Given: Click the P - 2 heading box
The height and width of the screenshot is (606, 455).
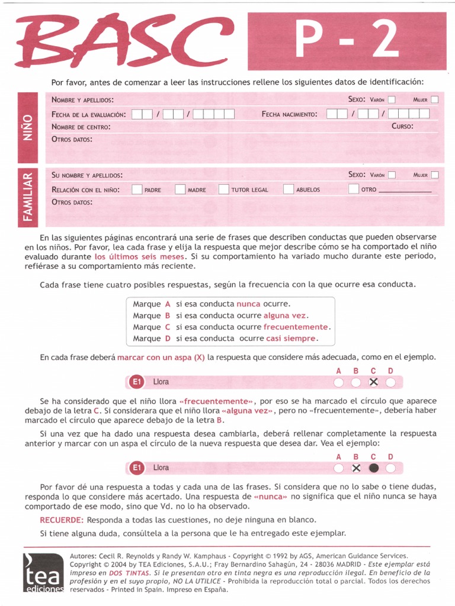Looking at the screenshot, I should (347, 41).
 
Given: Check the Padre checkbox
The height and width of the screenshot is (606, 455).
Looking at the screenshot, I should (137, 189).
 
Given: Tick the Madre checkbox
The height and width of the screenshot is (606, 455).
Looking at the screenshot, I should (180, 189).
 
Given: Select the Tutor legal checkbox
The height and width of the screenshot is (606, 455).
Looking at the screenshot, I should (223, 189).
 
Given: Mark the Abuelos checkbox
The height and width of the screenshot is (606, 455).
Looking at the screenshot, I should (289, 189).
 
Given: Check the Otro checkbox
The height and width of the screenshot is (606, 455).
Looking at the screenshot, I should (354, 189).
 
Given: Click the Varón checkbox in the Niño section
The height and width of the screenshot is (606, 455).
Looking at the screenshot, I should (392, 100).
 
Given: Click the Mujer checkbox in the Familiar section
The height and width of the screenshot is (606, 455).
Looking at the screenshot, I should (435, 175).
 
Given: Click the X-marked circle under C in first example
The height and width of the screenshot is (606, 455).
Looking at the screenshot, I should (373, 382).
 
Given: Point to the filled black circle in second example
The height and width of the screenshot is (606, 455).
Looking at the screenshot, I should (373, 468).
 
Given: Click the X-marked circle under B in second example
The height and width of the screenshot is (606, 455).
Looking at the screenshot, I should (356, 468).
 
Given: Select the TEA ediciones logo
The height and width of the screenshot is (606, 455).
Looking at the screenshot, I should (43, 573).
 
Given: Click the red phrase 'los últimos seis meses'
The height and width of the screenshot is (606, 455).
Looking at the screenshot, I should (140, 257).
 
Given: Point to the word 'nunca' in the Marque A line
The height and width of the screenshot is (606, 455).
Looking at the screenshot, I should (248, 304).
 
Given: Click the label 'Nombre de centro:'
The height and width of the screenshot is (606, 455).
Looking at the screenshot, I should (81, 127).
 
